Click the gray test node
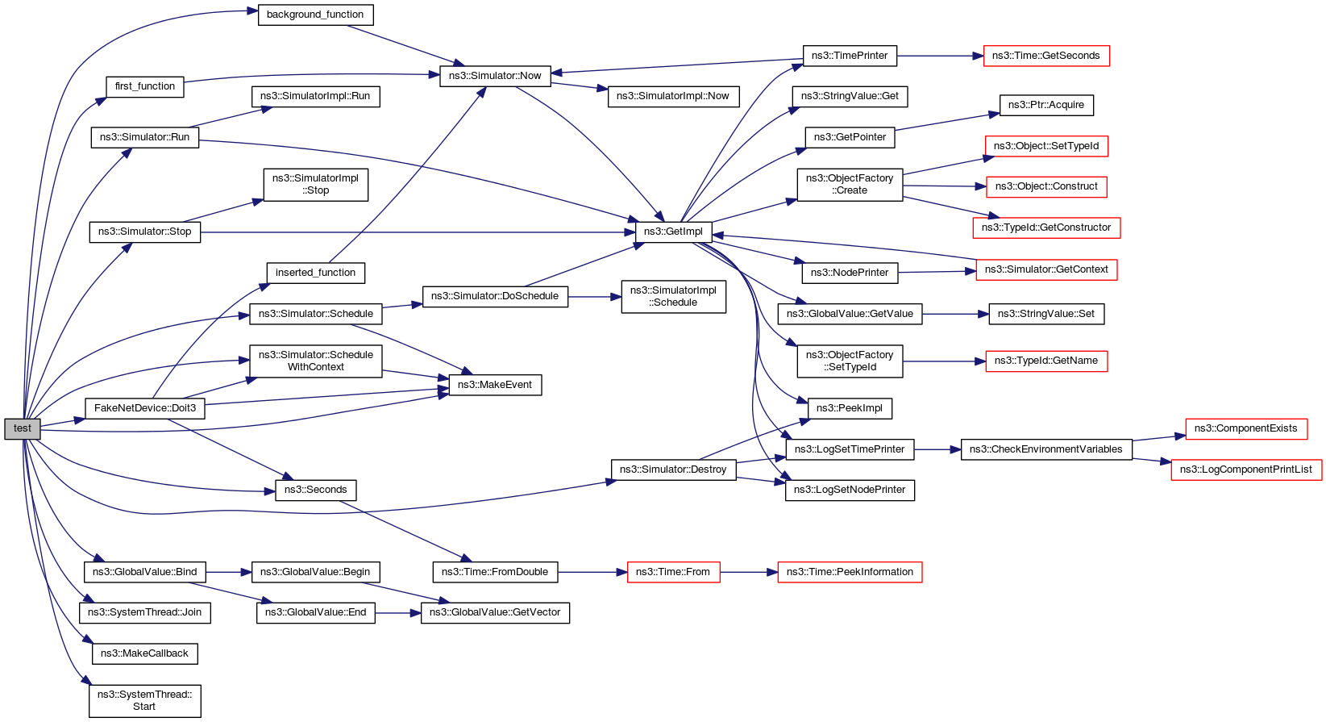[22, 429]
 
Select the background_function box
[315, 15]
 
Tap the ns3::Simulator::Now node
[495, 76]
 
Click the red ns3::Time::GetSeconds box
[1045, 56]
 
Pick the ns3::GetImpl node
[673, 232]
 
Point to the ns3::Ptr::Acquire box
[1045, 105]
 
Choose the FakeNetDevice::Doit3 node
[145, 408]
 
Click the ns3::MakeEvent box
[494, 385]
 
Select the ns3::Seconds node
[315, 490]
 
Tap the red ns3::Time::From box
[672, 572]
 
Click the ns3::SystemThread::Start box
[144, 700]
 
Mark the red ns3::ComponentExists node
[1245, 428]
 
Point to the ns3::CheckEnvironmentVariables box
[1045, 449]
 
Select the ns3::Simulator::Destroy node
[673, 470]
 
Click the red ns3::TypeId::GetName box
[1045, 361]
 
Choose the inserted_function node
[315, 273]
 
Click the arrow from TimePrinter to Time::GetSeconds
[940, 56]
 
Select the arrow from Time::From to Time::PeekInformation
[748, 572]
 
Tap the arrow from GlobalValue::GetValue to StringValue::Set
[955, 314]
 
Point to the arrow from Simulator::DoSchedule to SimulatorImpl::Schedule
[594, 297]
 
